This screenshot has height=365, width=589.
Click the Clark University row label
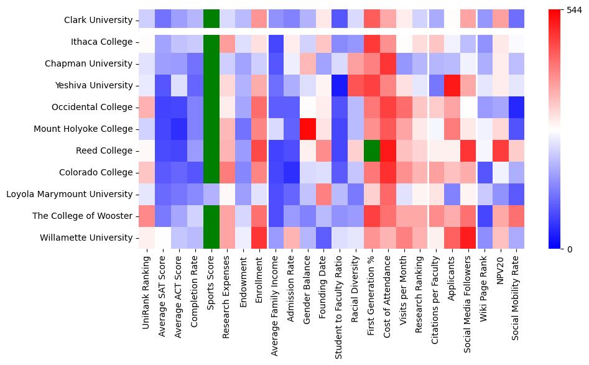click(98, 21)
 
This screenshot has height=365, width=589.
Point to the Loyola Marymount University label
click(69, 194)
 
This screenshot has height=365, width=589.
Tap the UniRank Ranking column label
click(147, 289)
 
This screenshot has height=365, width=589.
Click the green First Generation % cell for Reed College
click(372, 150)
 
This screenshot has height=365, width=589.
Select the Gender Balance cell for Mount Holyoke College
click(307, 129)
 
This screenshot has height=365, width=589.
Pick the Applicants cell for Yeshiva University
click(453, 85)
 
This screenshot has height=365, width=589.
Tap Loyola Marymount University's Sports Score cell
click(211, 194)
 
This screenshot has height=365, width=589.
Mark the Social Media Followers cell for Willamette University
click(469, 238)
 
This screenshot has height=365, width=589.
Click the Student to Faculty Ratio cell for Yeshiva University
click(340, 85)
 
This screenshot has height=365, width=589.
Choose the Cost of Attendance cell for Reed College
click(388, 150)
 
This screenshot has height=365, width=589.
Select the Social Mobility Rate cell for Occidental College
click(517, 107)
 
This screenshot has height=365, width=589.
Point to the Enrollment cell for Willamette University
click(259, 238)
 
